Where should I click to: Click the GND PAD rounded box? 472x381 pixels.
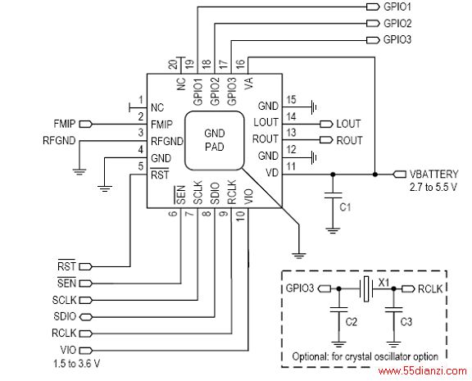214,141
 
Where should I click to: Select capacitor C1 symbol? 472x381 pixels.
333,195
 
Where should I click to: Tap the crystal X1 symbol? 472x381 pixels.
366,288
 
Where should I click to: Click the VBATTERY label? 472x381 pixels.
433,174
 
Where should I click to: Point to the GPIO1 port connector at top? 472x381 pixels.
373,7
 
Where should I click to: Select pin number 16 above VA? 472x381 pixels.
240,65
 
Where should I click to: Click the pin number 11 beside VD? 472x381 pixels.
291,166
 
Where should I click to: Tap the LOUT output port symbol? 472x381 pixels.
326,124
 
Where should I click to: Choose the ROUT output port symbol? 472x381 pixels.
326,140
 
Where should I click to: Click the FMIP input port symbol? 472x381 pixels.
85,124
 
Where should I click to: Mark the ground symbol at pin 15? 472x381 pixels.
314,107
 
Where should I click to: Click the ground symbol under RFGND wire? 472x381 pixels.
79,172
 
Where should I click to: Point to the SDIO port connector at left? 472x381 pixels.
86,316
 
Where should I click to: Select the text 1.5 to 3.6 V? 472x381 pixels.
76,364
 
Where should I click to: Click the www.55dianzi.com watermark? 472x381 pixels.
423,371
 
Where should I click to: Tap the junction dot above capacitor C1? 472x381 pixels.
333,175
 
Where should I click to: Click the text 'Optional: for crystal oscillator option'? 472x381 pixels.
365,357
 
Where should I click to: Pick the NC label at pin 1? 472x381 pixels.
157,107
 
